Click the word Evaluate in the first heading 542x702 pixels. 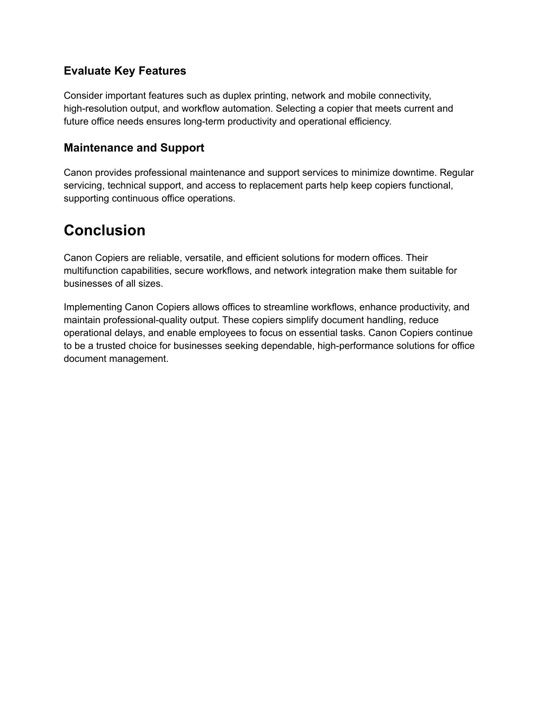click(87, 71)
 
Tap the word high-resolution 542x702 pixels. click(95, 109)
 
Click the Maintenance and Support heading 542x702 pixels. click(134, 148)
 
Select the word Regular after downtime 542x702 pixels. click(457, 173)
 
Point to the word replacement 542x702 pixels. click(277, 185)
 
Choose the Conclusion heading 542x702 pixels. click(104, 230)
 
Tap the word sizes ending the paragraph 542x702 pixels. click(151, 283)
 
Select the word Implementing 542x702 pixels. click(93, 307)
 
